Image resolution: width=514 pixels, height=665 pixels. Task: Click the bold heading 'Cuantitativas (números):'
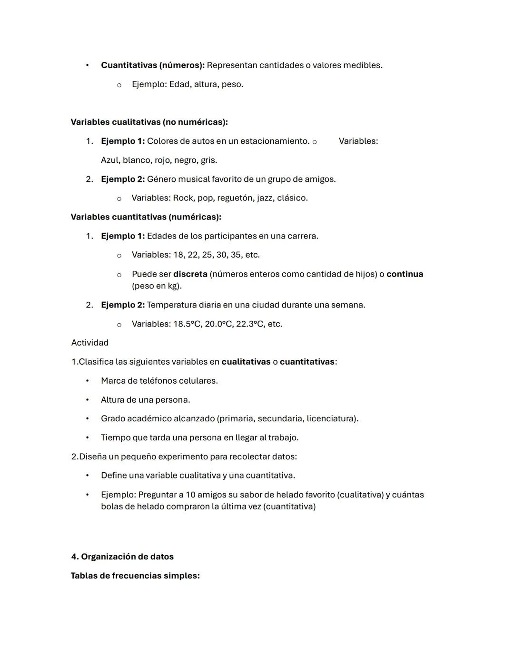152,65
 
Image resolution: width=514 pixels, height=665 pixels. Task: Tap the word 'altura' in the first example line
206,84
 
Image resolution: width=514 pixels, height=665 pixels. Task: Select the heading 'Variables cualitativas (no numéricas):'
149,122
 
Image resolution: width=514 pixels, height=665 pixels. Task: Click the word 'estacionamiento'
274,141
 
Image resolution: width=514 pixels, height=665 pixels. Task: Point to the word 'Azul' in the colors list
110,160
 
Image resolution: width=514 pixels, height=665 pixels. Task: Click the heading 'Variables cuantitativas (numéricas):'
146,217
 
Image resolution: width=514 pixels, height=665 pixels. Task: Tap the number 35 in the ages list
236,255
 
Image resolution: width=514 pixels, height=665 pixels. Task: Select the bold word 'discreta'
190,274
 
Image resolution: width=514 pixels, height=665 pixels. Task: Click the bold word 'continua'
405,274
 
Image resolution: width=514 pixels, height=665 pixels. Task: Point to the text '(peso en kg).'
157,286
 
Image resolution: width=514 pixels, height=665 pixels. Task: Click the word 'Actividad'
89,343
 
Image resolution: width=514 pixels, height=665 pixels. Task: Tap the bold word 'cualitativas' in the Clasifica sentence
246,362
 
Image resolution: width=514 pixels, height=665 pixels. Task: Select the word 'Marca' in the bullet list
112,381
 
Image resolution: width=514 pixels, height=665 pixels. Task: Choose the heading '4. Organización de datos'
122,556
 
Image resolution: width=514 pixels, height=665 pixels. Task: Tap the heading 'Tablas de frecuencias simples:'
135,576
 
